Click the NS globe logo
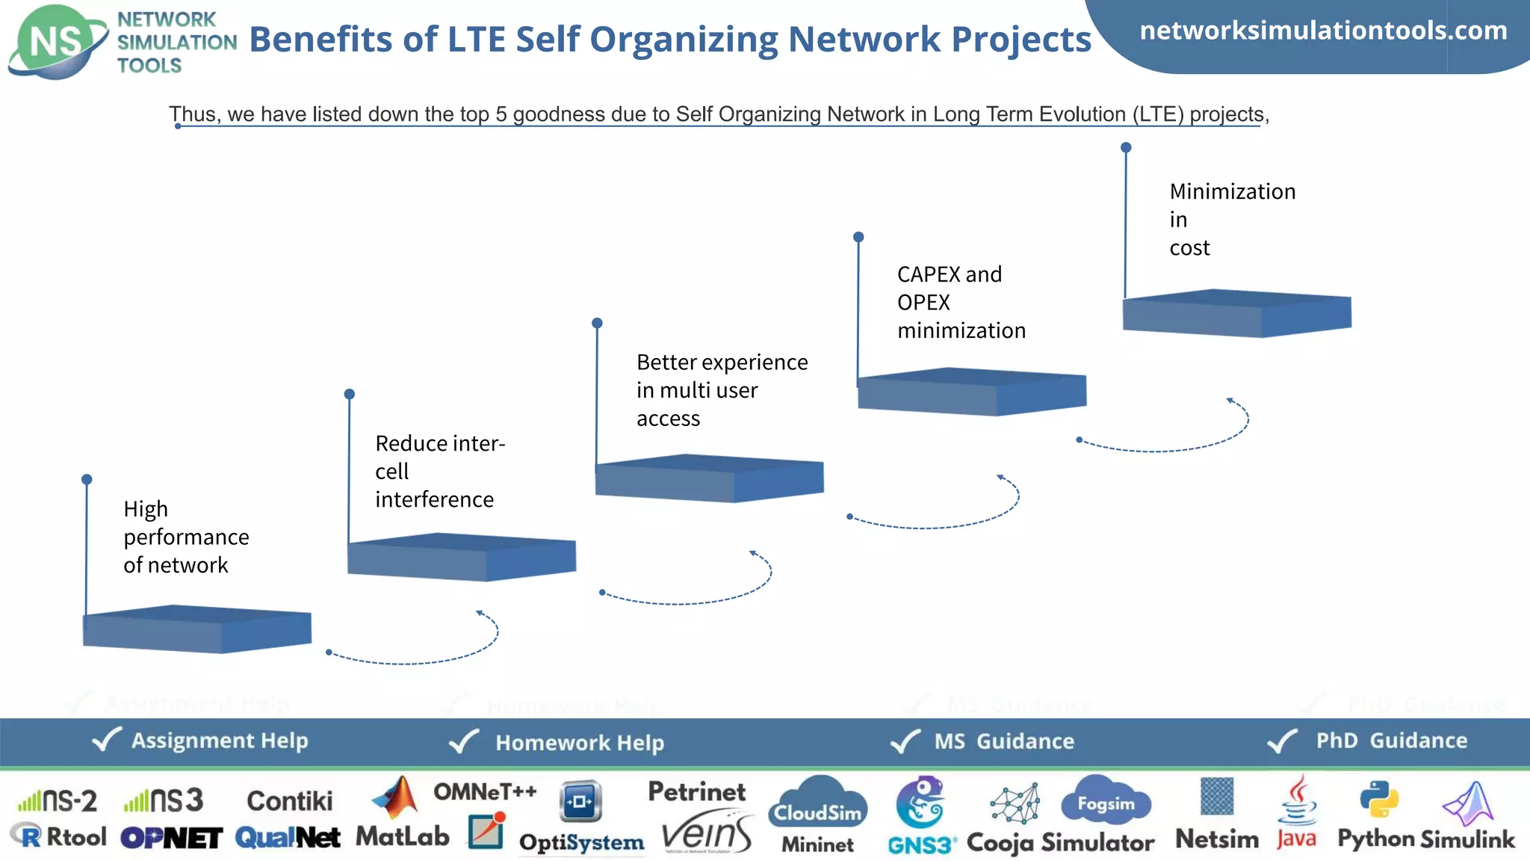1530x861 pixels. tap(57, 42)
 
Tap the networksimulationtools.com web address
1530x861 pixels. tap(1323, 31)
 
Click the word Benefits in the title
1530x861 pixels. tap(320, 40)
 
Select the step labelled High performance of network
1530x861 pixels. tap(186, 537)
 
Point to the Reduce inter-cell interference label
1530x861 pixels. tap(439, 471)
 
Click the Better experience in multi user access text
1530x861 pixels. tap(721, 390)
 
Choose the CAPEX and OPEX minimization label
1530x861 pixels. tap(961, 302)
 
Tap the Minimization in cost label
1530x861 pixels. tap(1231, 219)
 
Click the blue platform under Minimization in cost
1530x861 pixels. tap(1236, 313)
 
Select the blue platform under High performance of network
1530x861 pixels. tap(196, 629)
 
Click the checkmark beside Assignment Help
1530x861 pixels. tap(106, 739)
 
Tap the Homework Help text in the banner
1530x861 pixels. tap(580, 742)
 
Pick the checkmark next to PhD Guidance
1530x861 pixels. tap(1282, 741)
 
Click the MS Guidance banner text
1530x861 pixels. tap(1004, 741)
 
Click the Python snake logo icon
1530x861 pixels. tap(1378, 799)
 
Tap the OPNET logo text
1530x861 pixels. tap(172, 838)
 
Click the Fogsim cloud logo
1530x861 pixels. tap(1106, 801)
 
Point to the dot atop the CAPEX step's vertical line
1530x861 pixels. tap(858, 237)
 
